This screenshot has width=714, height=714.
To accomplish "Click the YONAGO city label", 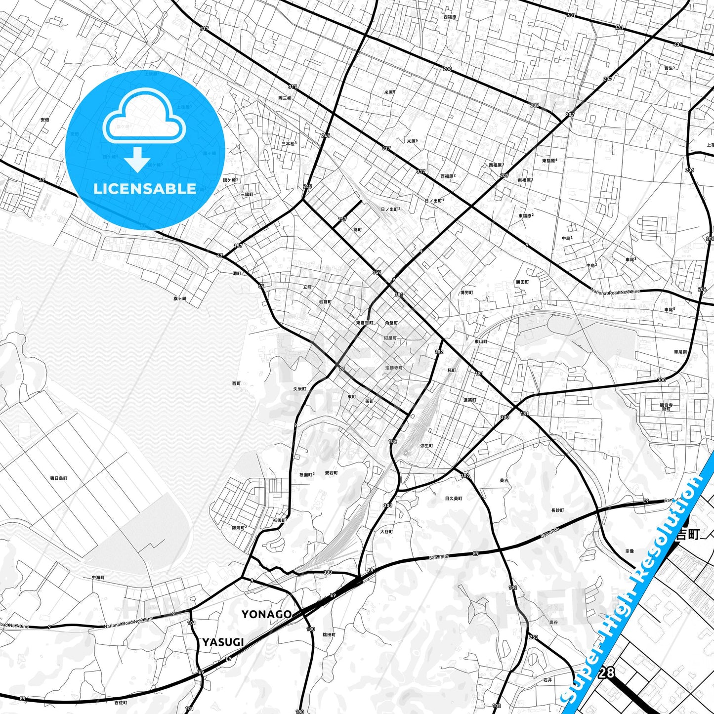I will coord(266,614).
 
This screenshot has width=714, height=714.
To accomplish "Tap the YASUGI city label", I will coord(223,642).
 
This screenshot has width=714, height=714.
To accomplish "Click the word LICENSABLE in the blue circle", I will coord(145,188).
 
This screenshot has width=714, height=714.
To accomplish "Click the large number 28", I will coord(607,672).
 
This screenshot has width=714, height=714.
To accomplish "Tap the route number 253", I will coord(533,637).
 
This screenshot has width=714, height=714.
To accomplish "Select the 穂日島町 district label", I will coord(59,478).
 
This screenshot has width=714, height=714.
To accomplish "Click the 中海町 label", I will coord(98,577).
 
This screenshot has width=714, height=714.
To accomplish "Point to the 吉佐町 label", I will coord(121,702).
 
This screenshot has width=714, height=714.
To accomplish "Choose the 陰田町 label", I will coord(329,634).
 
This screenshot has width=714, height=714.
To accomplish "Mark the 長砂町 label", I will coord(557,510).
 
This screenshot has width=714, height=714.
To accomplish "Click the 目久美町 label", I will coord(454,498).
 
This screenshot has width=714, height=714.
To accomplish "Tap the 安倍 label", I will coord(45,120).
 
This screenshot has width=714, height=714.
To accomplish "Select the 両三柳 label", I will coord(285,98).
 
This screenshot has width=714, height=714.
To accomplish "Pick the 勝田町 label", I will coord(522,282).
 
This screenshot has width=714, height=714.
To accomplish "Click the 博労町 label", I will coord(466,293).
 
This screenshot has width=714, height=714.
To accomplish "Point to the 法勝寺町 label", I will coord(394,368).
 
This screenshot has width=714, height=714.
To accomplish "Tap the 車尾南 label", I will coord(680,352).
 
